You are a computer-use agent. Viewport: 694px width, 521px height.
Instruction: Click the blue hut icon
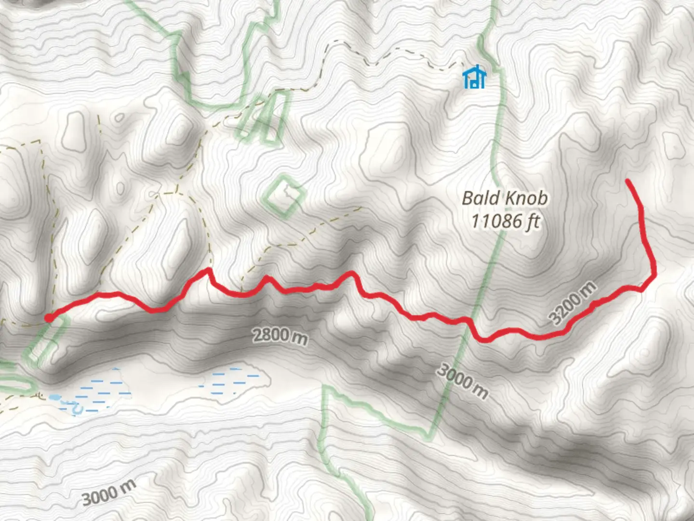click(x=475, y=77)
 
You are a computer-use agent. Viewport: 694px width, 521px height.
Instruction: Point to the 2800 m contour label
click(x=280, y=336)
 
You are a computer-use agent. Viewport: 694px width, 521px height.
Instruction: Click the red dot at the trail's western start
click(x=49, y=317)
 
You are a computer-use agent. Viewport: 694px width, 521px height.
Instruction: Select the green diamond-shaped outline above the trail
click(x=284, y=195)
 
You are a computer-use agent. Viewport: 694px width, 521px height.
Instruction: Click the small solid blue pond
click(x=54, y=398)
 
